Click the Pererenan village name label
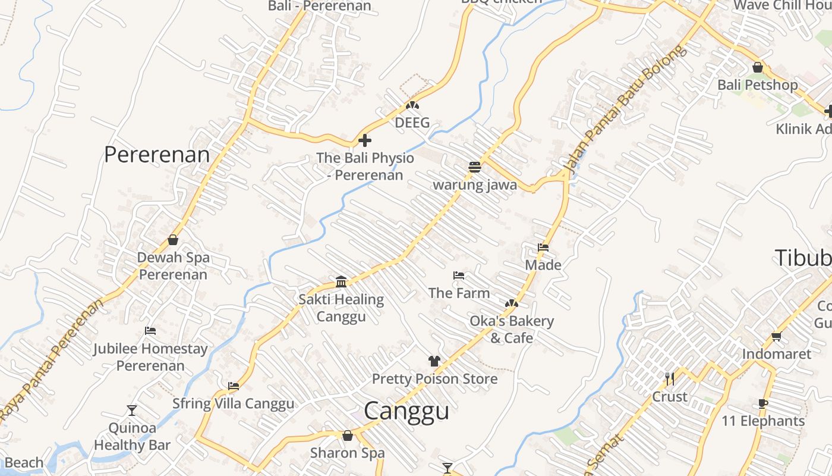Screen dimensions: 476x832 [x=157, y=155]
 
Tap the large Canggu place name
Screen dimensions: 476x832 [x=406, y=411]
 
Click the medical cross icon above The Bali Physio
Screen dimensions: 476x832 [x=365, y=140]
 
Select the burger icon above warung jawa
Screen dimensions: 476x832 [x=474, y=167]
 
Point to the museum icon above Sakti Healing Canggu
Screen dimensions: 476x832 [x=341, y=281]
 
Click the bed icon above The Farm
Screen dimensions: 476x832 [x=459, y=275]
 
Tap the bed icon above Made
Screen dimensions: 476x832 [x=543, y=248]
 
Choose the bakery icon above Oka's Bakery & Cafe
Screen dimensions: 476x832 [x=511, y=303]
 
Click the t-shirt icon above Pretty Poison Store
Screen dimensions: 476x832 [x=434, y=361]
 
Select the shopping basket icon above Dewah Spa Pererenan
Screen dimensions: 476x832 [x=173, y=240]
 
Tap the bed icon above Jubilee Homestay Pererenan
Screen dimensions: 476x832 [x=150, y=331]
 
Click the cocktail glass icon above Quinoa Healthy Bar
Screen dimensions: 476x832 [x=132, y=410]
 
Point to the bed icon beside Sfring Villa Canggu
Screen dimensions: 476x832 [x=234, y=386]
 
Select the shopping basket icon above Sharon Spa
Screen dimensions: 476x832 [x=348, y=436]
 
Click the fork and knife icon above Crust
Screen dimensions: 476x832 [x=670, y=378]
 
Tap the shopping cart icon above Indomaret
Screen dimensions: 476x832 [x=776, y=337]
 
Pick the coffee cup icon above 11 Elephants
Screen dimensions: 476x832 [x=763, y=404]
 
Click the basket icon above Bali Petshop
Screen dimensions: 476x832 [x=758, y=67]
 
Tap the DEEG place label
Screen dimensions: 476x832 [x=412, y=123]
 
